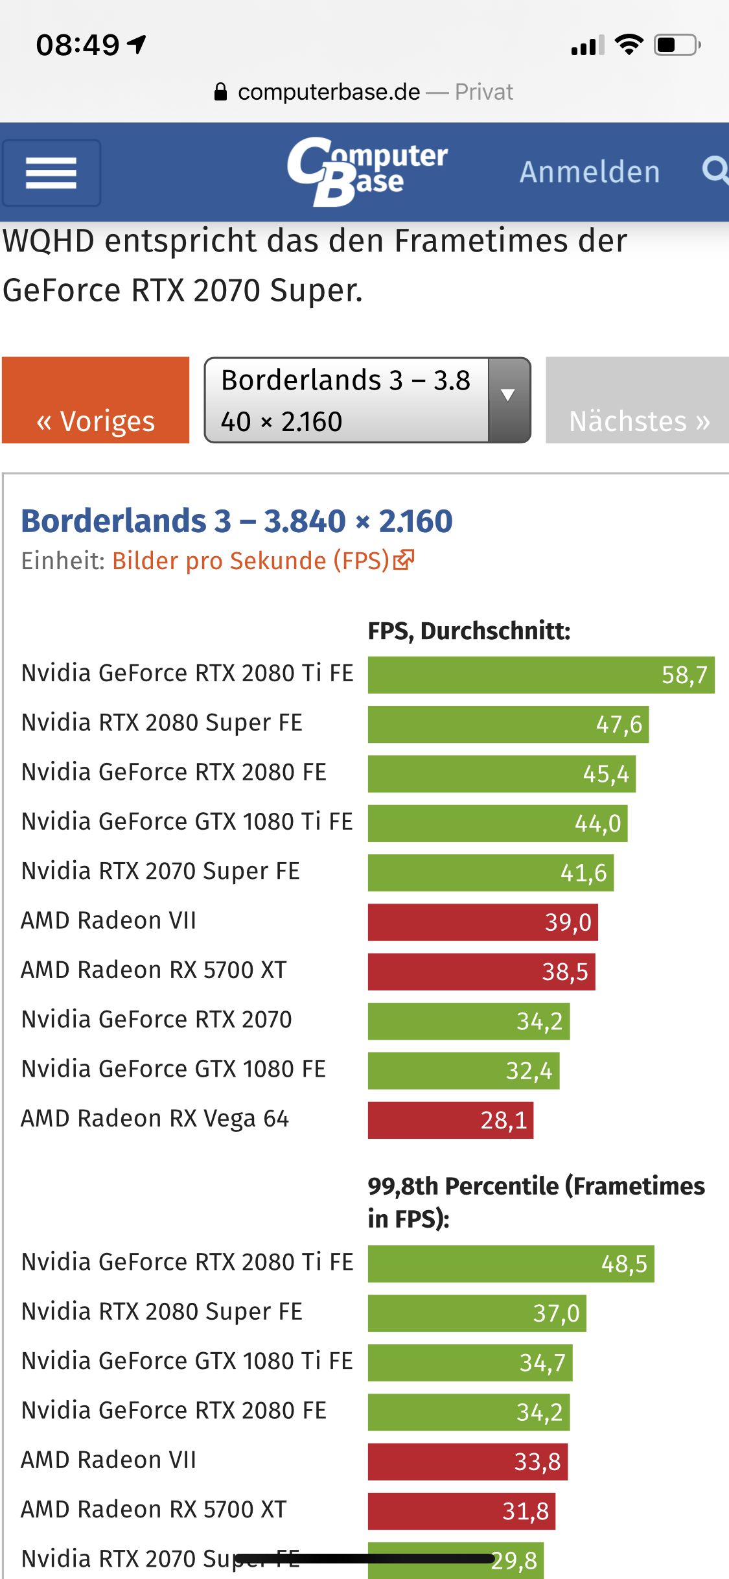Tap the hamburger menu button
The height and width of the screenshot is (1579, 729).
51,173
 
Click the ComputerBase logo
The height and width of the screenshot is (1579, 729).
367,172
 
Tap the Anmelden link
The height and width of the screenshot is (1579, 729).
590,172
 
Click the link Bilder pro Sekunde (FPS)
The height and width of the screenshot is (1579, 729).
251,561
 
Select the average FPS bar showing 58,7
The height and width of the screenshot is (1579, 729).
541,675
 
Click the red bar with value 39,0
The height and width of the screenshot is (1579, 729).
483,922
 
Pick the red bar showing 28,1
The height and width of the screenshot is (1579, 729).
450,1120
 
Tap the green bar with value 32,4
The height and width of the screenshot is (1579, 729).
463,1071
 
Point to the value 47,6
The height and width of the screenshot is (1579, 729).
619,725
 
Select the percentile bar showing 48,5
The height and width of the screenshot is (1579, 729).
511,1263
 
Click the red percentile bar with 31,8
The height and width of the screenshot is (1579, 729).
461,1511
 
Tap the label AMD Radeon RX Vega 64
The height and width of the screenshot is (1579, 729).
155,1119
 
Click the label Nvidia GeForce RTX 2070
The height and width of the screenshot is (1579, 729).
157,1020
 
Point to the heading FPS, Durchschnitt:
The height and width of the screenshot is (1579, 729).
469,631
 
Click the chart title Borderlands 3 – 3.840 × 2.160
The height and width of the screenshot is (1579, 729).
237,521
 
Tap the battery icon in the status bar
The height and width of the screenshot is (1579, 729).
677,45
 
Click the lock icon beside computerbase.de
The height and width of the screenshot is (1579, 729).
221,92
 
